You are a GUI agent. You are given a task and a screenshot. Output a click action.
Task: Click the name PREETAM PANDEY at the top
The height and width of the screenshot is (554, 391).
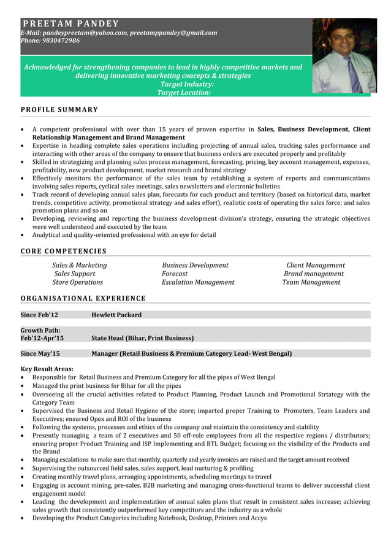click(x=70, y=24)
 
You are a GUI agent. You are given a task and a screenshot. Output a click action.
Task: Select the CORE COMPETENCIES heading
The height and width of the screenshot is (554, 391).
click(x=63, y=251)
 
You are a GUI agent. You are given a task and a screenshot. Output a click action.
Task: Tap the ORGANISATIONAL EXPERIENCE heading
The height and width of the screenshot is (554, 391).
click(x=83, y=299)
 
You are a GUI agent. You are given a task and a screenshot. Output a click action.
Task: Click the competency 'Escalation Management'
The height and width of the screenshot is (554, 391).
click(x=198, y=282)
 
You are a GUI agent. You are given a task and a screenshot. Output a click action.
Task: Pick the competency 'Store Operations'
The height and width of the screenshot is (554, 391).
click(x=77, y=282)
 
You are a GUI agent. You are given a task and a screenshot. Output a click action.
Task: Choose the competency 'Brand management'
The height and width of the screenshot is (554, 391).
click(x=313, y=274)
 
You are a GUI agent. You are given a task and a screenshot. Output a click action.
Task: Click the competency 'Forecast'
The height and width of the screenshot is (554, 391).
click(x=175, y=274)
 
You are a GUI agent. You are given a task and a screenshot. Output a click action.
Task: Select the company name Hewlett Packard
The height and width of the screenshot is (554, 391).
click(x=116, y=315)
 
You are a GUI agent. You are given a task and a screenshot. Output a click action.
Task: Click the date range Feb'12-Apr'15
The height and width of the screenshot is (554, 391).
click(x=42, y=338)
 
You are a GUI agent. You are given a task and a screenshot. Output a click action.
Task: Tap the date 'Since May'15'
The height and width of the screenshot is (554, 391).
click(x=40, y=353)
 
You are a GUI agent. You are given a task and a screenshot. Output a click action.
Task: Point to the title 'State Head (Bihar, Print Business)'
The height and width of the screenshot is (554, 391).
click(x=142, y=338)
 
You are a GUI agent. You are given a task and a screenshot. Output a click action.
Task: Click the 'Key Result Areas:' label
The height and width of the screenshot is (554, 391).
click(x=47, y=369)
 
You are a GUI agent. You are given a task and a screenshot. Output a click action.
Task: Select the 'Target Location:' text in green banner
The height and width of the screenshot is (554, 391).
click(x=184, y=93)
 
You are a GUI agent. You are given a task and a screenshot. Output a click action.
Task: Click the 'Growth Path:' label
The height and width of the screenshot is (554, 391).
click(x=40, y=330)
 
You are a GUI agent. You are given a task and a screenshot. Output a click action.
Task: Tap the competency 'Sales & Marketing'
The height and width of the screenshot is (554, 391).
click(x=79, y=265)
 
